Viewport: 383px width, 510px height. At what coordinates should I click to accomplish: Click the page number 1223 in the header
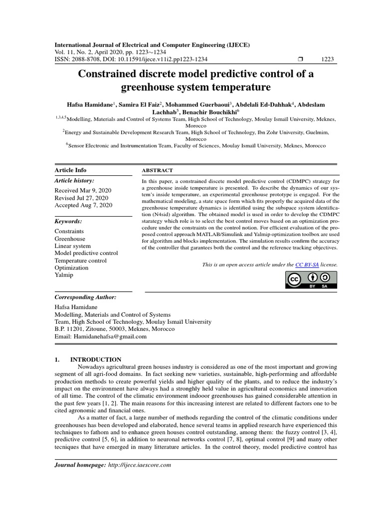[x=328, y=59]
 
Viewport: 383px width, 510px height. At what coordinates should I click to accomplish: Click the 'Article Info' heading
[x=70, y=170]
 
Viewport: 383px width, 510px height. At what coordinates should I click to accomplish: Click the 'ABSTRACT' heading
[x=157, y=170]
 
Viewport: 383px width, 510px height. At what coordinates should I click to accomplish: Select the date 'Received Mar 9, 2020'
[x=82, y=191]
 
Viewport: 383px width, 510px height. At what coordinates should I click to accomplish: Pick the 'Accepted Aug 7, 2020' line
[x=83, y=205]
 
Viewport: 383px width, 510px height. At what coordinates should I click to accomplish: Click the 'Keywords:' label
[x=68, y=221]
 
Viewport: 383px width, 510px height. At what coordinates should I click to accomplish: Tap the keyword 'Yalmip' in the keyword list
[x=64, y=274]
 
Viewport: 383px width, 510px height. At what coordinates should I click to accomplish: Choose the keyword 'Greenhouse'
[x=70, y=239]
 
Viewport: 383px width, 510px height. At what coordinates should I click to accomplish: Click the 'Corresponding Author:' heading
[x=85, y=297]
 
